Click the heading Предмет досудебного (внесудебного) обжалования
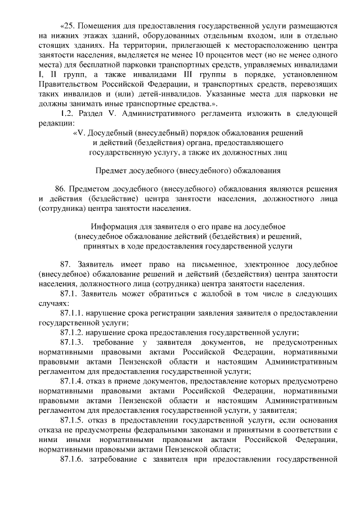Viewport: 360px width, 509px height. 188,169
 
